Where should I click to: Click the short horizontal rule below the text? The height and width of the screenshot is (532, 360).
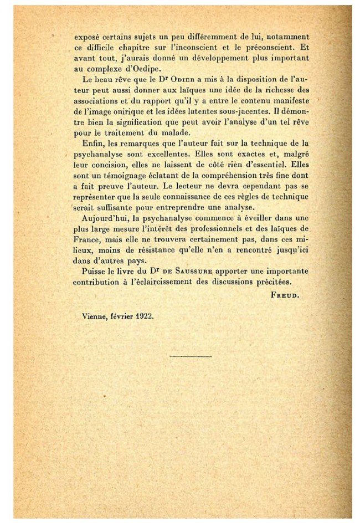tap(190, 355)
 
